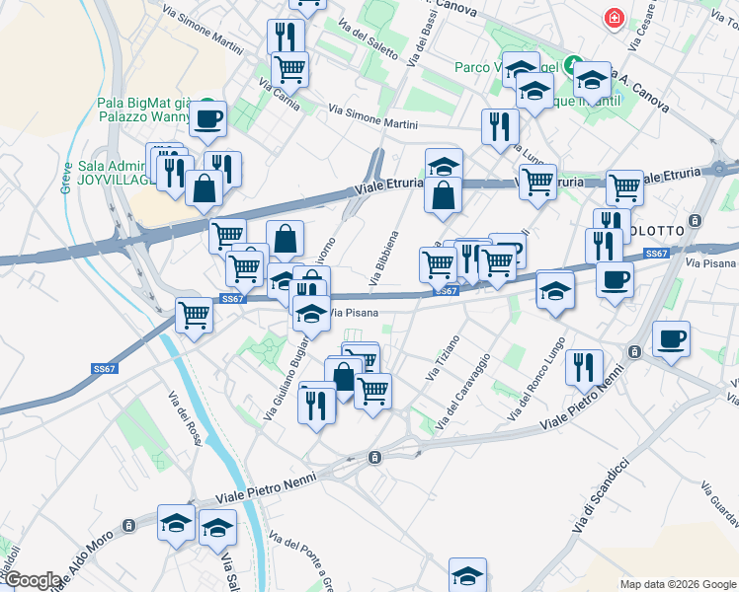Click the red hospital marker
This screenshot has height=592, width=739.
pos(615,18)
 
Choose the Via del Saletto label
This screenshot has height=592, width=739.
pos(368,38)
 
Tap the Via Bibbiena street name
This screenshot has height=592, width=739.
pos(384,259)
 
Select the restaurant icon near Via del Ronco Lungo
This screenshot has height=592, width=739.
pos(584,368)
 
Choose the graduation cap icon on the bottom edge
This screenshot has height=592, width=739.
pos(467,574)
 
